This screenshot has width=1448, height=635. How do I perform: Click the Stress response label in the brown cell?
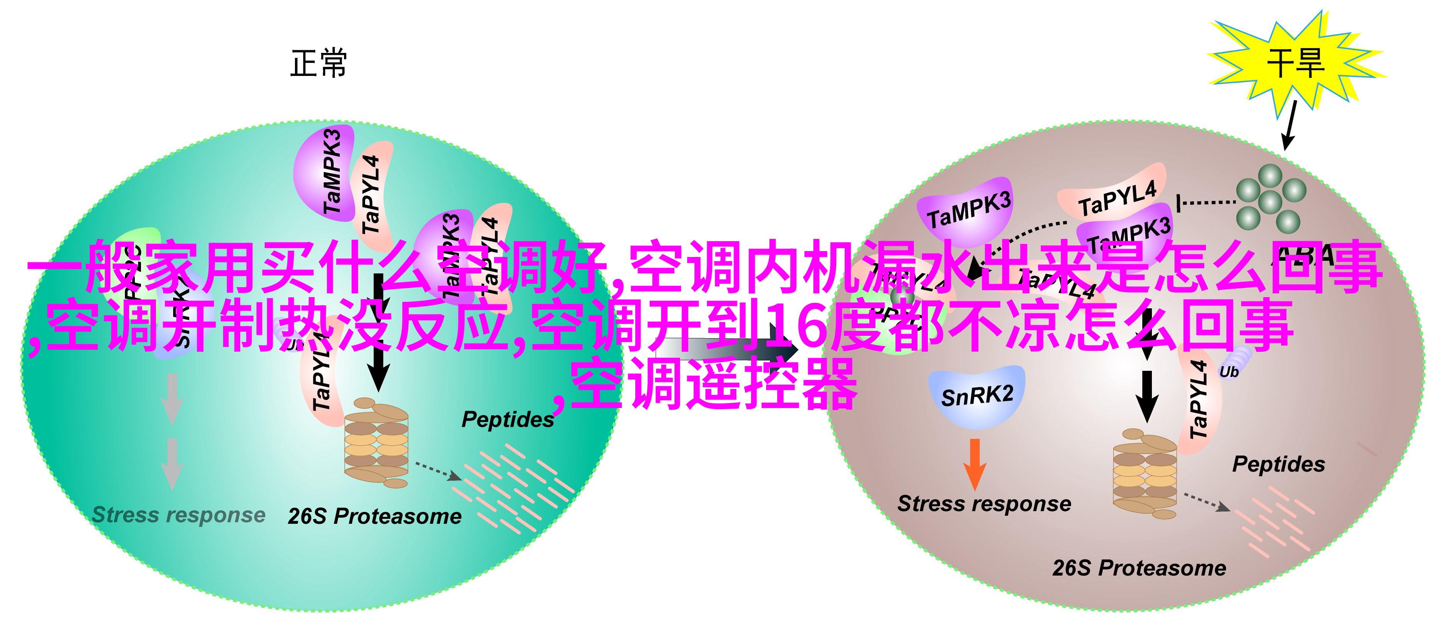[x=984, y=503]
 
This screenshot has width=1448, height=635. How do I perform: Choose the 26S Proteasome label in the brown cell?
[x=1139, y=568]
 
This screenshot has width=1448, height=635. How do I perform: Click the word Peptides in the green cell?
[x=508, y=419]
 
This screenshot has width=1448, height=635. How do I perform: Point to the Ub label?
[x=1229, y=372]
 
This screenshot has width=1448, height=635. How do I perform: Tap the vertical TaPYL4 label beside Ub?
[x=1198, y=399]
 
